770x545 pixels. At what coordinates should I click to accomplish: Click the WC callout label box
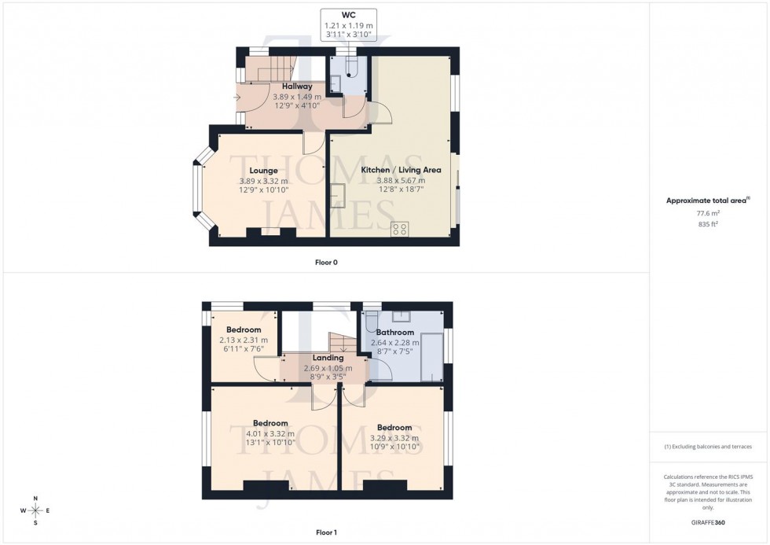click(x=348, y=25)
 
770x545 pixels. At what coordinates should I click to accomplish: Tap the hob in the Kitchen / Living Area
click(x=399, y=230)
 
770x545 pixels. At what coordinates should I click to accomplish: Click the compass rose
click(x=35, y=510)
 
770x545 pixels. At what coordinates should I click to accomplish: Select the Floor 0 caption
click(x=326, y=263)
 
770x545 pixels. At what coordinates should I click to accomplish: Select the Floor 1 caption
click(x=326, y=532)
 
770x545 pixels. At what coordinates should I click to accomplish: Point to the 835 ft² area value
click(x=709, y=224)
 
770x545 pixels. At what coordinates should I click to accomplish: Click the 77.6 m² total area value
click(x=709, y=212)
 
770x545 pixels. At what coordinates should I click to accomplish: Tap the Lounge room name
click(x=263, y=170)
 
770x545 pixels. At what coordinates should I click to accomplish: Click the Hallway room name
click(x=292, y=87)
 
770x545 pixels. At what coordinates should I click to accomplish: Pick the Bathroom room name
click(x=394, y=333)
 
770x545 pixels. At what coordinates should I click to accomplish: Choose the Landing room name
click(x=328, y=358)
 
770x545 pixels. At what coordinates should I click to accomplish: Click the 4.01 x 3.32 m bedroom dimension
click(x=269, y=433)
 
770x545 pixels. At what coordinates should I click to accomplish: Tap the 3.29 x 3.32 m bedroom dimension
click(x=394, y=438)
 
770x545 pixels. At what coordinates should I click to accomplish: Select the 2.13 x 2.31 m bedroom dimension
click(x=244, y=340)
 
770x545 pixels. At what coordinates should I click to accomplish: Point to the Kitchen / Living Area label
click(x=401, y=170)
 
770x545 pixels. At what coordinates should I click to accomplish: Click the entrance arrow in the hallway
click(x=237, y=98)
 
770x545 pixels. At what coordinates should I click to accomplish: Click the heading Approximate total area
click(x=708, y=201)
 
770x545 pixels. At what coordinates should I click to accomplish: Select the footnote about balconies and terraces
click(x=708, y=447)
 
